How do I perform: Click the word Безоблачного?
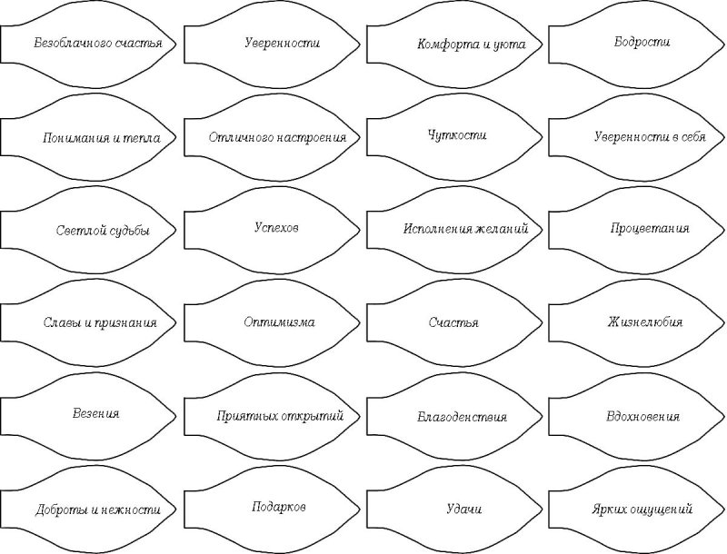[73, 44]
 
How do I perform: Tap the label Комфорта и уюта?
[472, 45]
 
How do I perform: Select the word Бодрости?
[642, 42]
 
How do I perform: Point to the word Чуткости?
[457, 135]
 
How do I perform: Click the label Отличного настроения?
[277, 137]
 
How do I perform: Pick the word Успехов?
[276, 227]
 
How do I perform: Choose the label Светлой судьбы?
[103, 231]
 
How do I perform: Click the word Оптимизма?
[279, 322]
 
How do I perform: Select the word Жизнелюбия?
[645, 322]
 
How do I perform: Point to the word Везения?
[96, 413]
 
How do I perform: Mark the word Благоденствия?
[463, 417]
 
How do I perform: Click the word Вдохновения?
[643, 417]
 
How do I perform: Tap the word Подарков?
[279, 507]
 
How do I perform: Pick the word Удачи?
[464, 509]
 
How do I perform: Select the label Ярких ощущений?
[642, 509]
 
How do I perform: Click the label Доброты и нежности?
[98, 510]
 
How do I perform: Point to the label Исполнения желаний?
[466, 229]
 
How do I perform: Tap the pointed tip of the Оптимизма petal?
[360, 322]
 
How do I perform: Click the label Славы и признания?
[100, 322]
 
